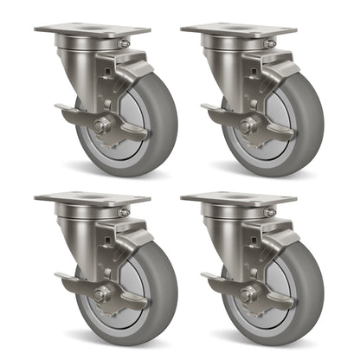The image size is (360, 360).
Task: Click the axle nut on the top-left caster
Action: pos(101,126)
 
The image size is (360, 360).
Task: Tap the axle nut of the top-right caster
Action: pos(247,126)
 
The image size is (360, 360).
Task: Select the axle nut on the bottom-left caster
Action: pos(101,294)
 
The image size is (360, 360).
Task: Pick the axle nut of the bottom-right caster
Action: pos(247,294)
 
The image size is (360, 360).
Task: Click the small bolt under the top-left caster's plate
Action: pos(125,43)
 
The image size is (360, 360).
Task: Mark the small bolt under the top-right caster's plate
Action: pos(271,43)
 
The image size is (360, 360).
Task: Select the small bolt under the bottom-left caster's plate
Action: pos(125,211)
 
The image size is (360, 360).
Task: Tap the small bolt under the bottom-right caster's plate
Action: pos(271,211)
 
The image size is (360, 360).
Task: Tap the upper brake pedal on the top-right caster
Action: pos(284,72)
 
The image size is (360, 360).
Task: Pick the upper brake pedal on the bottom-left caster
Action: pos(138,240)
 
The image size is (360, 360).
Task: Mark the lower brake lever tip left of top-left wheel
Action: pos(62,110)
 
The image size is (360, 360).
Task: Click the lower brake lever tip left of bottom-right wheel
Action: pos(209,278)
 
